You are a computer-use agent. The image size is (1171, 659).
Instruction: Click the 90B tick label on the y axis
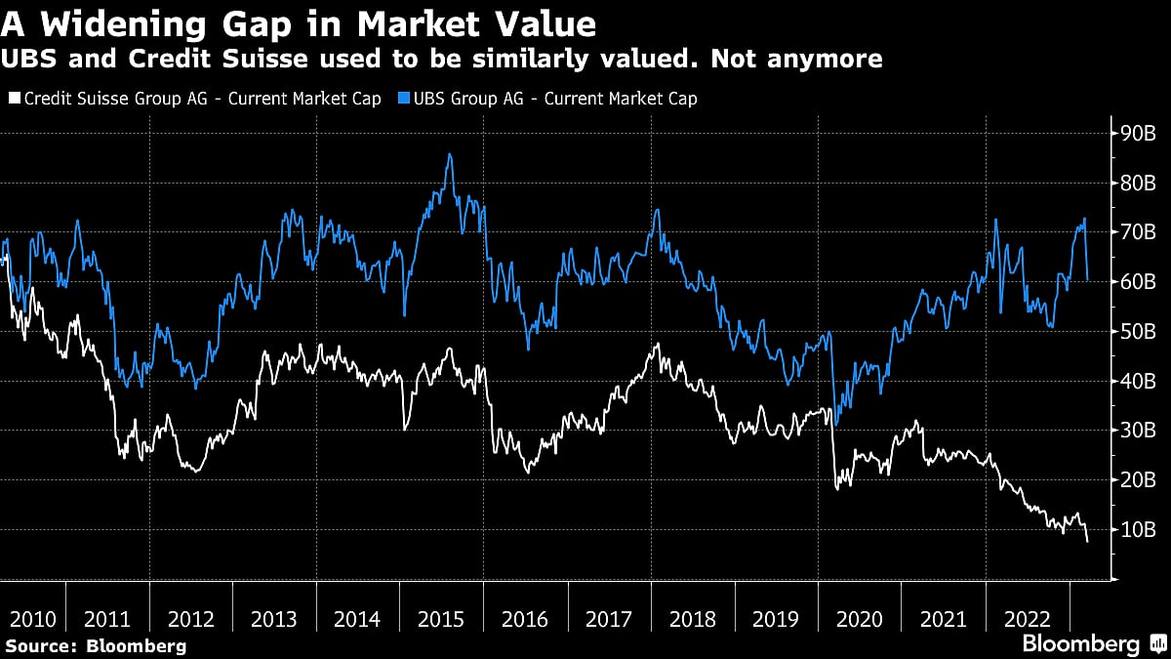(x=1138, y=132)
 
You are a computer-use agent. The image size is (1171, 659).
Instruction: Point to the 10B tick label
(x=1138, y=529)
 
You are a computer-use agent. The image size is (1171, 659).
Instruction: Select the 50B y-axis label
(x=1138, y=331)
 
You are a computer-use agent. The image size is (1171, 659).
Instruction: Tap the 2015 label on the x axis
(x=441, y=619)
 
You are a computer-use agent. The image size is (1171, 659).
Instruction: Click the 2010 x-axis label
(x=33, y=619)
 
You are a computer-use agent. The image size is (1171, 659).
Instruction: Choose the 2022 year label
(x=1027, y=619)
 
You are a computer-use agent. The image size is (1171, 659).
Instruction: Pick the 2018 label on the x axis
(x=692, y=619)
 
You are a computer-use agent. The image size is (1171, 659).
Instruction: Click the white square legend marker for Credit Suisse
(x=14, y=99)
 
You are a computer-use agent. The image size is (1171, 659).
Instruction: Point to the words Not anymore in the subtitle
(x=796, y=60)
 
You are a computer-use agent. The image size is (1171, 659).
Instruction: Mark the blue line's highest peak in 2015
(x=449, y=154)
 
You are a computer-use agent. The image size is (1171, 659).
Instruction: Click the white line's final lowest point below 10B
(x=1087, y=541)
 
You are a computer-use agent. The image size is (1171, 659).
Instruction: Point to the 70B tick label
(x=1138, y=231)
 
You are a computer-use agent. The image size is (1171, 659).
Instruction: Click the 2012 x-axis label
(x=191, y=619)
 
